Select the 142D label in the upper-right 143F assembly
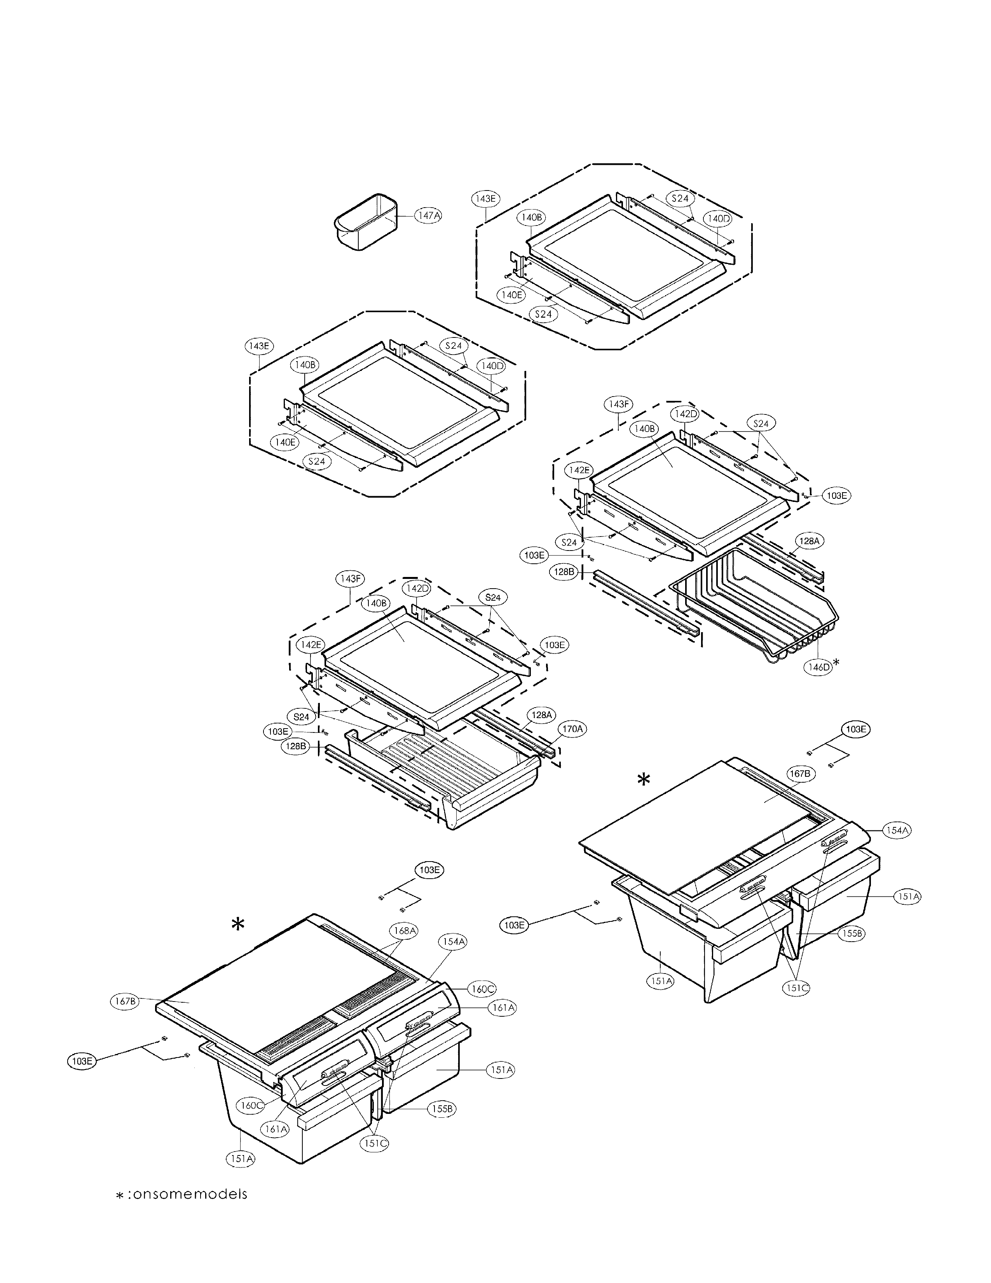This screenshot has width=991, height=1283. pyautogui.click(x=686, y=414)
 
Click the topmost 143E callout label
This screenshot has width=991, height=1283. pyautogui.click(x=485, y=199)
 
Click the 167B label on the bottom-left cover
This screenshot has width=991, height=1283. pyautogui.click(x=124, y=1002)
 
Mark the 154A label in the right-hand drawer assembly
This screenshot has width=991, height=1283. pyautogui.click(x=897, y=831)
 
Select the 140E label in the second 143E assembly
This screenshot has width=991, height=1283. pyautogui.click(x=285, y=442)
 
